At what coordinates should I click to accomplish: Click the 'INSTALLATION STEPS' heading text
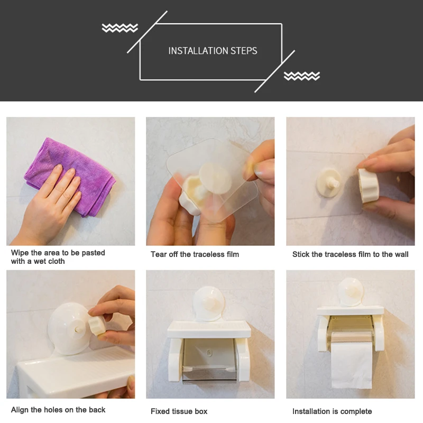click(x=213, y=51)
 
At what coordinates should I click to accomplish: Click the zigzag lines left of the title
click(x=120, y=28)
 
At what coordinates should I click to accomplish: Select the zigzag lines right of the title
click(x=302, y=76)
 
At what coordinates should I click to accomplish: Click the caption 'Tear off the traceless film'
click(x=195, y=254)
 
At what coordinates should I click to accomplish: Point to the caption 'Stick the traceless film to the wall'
click(x=350, y=254)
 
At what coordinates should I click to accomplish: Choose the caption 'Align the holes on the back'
click(x=58, y=410)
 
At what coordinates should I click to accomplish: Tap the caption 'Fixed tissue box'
click(x=179, y=411)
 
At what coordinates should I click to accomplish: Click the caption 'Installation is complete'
click(x=332, y=411)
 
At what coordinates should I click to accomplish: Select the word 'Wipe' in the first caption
click(x=20, y=253)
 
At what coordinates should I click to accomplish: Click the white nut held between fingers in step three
click(x=368, y=186)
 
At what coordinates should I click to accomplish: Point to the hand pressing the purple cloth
click(x=51, y=205)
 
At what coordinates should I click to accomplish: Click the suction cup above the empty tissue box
click(x=208, y=304)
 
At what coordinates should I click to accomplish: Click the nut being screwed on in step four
click(x=96, y=325)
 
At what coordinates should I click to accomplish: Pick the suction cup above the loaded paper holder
click(x=350, y=292)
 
